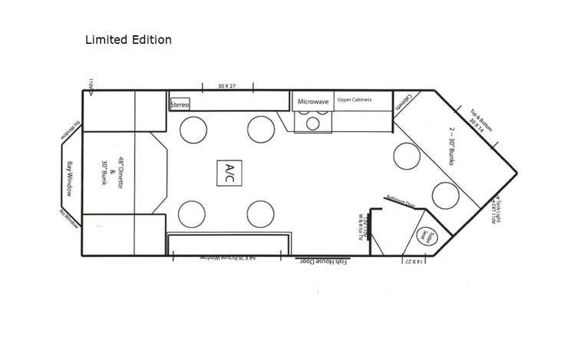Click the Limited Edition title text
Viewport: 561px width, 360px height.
128,39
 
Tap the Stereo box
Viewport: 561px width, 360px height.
179,104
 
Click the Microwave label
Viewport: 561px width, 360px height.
313,101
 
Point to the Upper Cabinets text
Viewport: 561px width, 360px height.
355,100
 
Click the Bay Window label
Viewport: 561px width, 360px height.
69,178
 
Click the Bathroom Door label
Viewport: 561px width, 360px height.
400,201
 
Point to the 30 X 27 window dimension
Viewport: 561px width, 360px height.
226,86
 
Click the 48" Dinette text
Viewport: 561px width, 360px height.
119,172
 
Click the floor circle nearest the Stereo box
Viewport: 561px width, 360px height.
193,129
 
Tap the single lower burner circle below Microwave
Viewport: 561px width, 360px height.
312,124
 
